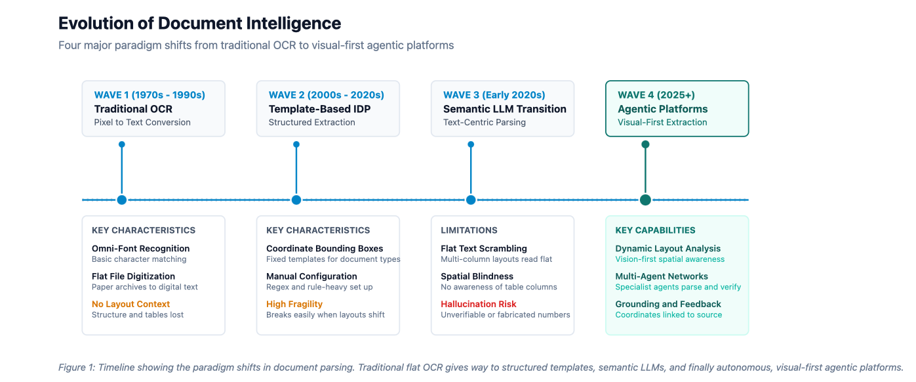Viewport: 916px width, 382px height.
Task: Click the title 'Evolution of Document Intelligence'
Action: point(199,24)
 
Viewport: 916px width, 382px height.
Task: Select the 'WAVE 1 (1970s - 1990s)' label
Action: point(149,95)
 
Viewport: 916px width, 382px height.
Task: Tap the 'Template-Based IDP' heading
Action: point(319,109)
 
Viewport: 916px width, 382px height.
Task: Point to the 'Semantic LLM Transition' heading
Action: point(505,109)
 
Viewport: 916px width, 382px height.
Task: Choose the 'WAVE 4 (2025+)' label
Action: point(656,95)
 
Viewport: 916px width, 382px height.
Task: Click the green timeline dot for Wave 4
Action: point(645,200)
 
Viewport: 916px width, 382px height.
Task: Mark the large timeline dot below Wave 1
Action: point(122,200)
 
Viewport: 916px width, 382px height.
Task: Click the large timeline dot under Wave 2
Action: point(296,200)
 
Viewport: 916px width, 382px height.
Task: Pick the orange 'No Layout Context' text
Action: point(130,304)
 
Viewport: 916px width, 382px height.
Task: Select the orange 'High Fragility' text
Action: point(294,304)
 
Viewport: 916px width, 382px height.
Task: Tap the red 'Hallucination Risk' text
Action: point(479,304)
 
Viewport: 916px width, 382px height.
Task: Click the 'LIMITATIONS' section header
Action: point(469,230)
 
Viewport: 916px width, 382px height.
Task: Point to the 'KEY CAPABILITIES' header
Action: point(655,230)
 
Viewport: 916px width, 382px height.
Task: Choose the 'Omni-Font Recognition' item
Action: point(141,249)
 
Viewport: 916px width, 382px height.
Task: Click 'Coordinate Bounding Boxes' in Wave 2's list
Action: point(325,249)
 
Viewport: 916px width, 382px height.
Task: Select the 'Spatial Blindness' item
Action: point(477,276)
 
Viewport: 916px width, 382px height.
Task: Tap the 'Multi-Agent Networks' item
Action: point(662,276)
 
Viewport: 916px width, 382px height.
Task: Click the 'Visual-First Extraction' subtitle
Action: point(662,122)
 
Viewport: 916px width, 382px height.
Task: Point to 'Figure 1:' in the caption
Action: point(77,368)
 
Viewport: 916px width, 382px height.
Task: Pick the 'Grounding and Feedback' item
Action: point(668,304)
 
